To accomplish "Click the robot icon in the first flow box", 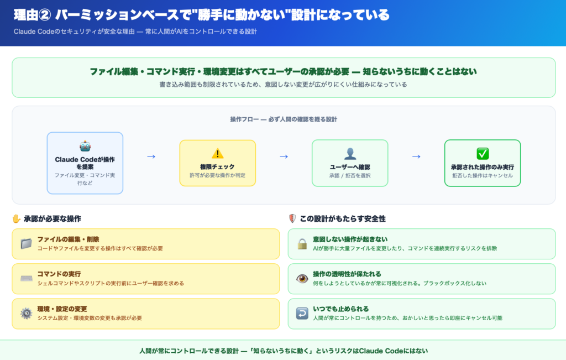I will [85, 146].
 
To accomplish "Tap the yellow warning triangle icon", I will [217, 153].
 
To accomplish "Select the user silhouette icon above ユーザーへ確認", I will [350, 153].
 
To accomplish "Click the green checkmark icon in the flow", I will [483, 153].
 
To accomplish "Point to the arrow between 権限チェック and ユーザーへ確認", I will [284, 156].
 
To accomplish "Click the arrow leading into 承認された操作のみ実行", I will [416, 156].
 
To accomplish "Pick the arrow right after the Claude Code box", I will [151, 156].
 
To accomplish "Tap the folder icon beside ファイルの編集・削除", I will [26, 244].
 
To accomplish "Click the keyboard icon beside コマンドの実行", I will [26, 279].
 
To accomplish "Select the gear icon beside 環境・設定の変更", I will [26, 314].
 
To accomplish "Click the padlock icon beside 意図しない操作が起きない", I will [302, 244].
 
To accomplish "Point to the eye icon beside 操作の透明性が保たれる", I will [302, 279].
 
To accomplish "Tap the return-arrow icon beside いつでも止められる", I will [302, 314].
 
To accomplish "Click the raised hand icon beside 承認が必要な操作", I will [17, 218].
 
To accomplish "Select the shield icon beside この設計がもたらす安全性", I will [292, 218].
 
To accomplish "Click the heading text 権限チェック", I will [217, 166].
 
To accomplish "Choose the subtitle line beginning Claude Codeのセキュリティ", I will [135, 32].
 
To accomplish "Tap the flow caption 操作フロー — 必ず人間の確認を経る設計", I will [284, 119].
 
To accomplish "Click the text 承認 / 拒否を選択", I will [350, 176].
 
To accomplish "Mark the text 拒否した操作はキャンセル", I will [483, 176].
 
